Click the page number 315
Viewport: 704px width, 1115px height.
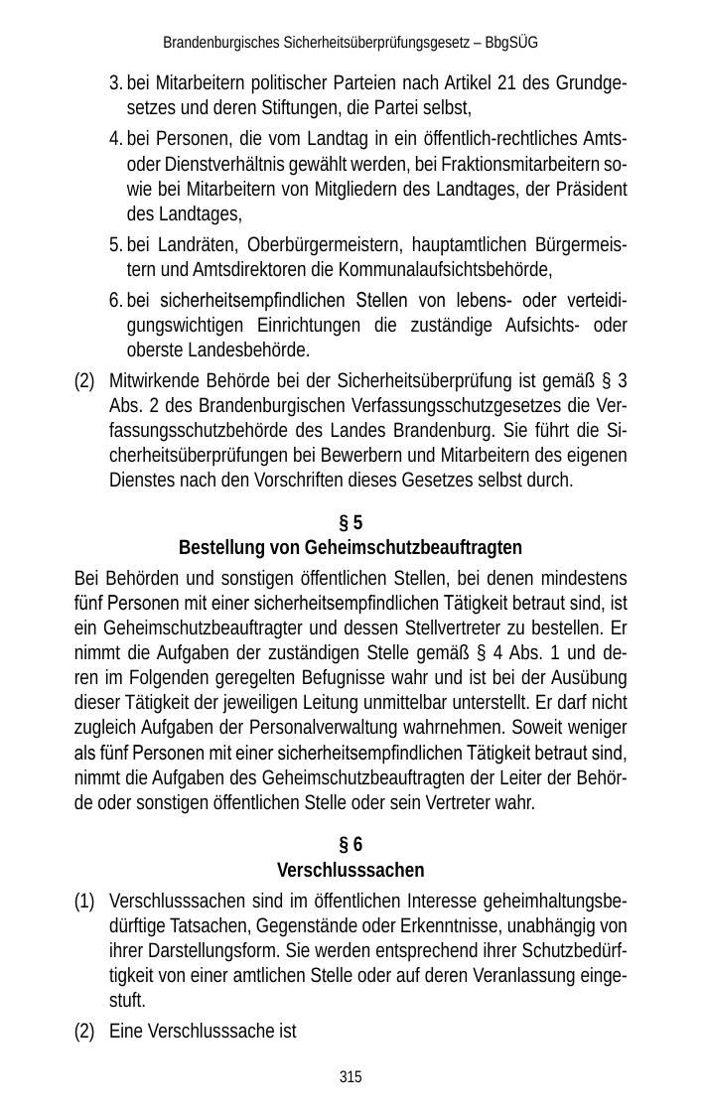coord(351,1076)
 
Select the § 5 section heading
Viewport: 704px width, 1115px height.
coord(351,522)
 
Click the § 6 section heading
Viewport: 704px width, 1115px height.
coord(351,845)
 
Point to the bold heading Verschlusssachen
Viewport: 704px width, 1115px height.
coord(351,871)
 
